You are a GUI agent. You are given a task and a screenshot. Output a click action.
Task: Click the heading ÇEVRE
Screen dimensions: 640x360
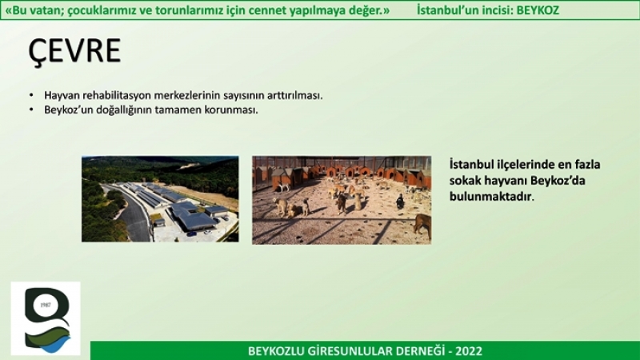pyautogui.click(x=74, y=50)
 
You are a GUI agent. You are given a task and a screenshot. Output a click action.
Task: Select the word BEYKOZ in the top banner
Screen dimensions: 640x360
pyautogui.click(x=538, y=10)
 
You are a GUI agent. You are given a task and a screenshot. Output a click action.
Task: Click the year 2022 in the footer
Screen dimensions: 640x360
pyautogui.click(x=469, y=351)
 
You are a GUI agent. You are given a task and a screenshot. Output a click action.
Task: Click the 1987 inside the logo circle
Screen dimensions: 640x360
pyautogui.click(x=46, y=305)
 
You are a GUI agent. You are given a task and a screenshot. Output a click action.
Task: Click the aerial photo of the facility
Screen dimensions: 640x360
pyautogui.click(x=160, y=198)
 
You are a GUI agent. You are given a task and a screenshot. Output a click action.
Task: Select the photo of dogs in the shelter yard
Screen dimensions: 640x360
pyautogui.click(x=342, y=200)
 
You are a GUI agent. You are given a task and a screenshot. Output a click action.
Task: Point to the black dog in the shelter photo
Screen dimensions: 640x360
pyautogui.click(x=400, y=202)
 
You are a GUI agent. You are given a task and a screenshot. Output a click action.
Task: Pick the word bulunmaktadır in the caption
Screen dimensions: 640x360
pyautogui.click(x=491, y=196)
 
